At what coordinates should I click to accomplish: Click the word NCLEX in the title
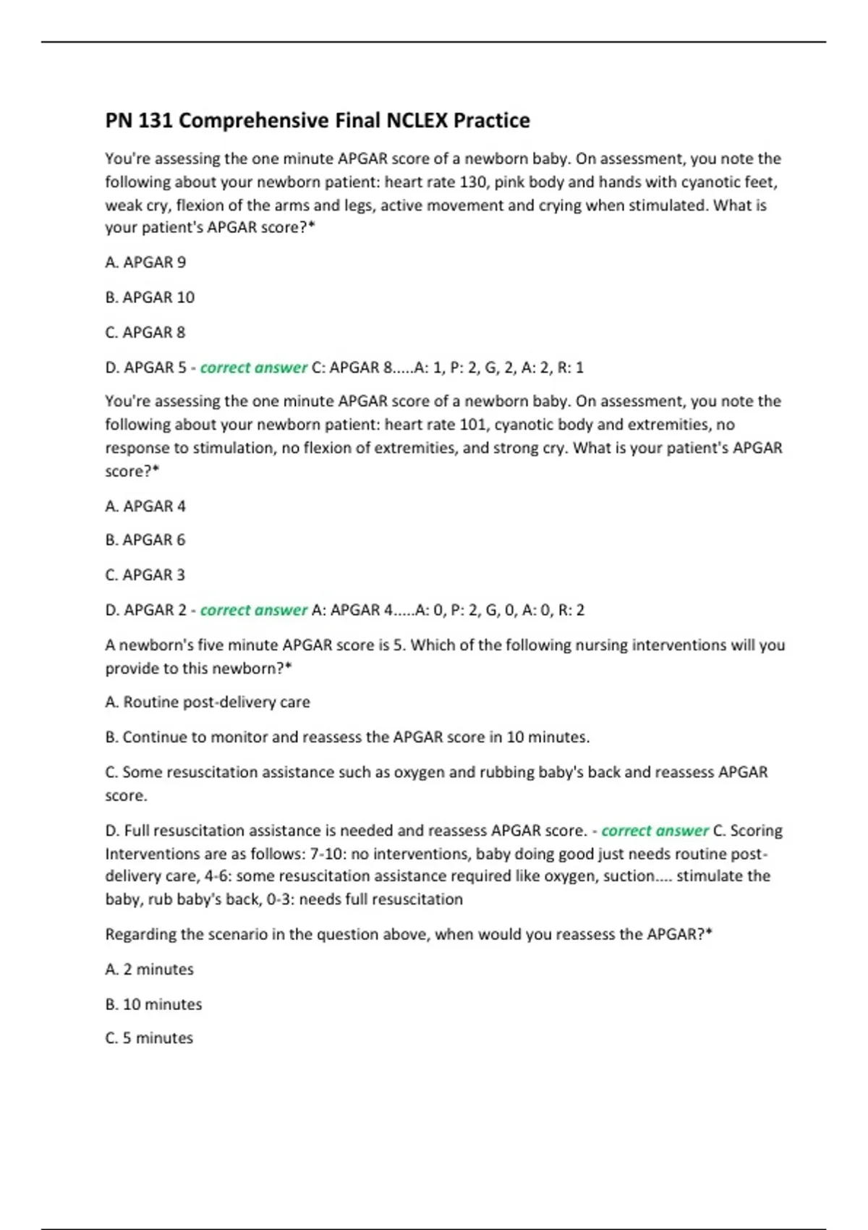tap(417, 120)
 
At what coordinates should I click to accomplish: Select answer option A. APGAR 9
tap(145, 262)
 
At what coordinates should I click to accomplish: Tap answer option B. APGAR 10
tap(150, 297)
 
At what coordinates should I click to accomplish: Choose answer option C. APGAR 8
tap(145, 332)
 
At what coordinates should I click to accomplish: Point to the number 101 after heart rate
tap(474, 424)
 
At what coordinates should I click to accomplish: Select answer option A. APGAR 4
tap(145, 506)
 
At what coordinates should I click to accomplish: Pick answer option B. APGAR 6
tap(145, 540)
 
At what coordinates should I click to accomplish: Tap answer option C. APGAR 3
tap(145, 574)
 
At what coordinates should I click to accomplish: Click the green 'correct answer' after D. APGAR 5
tap(254, 368)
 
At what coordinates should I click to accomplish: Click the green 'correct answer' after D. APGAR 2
tap(254, 610)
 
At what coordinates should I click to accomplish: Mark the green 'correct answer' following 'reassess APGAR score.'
tap(655, 831)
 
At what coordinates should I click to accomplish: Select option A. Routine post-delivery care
tap(208, 702)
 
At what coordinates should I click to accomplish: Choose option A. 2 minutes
tap(150, 969)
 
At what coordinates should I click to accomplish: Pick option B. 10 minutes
tap(153, 1004)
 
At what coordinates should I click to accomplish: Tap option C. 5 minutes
tap(149, 1038)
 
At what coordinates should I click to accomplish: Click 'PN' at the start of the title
tap(119, 120)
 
